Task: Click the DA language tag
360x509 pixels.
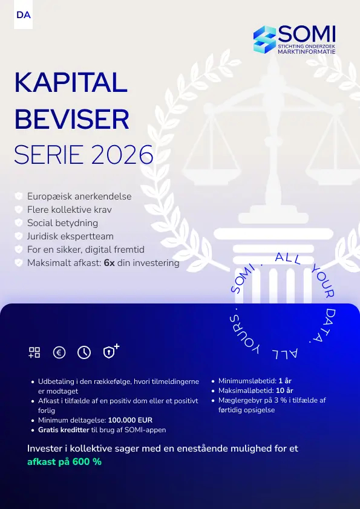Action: [x=24, y=15]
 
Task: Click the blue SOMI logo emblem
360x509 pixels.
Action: [x=264, y=40]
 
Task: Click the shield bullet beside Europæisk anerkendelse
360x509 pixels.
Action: [x=19, y=196]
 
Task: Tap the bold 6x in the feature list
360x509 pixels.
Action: [x=109, y=263]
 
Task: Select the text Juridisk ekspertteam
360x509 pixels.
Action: [x=70, y=236]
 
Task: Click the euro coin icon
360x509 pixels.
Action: [x=59, y=353]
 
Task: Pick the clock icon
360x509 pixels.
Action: [x=84, y=353]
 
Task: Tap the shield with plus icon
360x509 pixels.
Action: [x=110, y=352]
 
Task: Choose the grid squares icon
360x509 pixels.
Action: [x=34, y=353]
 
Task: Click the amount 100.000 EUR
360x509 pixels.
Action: [x=130, y=420]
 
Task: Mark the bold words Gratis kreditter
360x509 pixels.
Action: [x=64, y=430]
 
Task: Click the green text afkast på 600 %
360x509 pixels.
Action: [x=64, y=462]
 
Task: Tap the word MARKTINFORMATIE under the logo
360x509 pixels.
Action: [x=306, y=52]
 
